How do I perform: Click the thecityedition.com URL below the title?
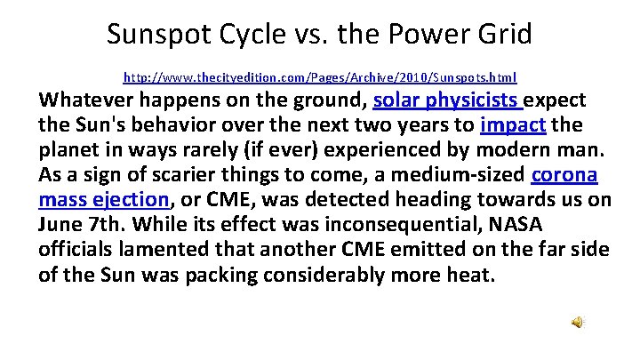(x=320, y=77)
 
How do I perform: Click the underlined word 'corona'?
(x=564, y=173)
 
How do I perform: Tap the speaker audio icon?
(x=577, y=323)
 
